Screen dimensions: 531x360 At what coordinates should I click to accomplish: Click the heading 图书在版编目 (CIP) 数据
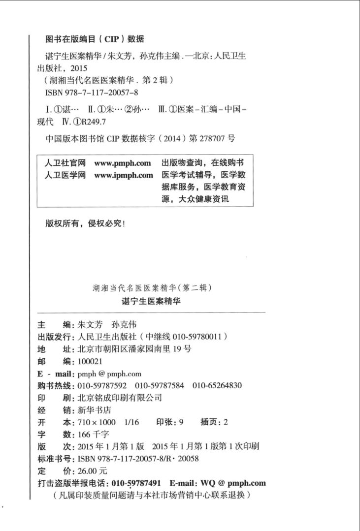coord(95,39)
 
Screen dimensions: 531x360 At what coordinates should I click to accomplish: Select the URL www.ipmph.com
coord(124,175)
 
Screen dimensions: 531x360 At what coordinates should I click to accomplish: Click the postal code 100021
coord(89,362)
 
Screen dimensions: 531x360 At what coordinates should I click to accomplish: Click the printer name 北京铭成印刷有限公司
coord(120,398)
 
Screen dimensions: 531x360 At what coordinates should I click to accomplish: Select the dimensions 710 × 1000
coord(97,422)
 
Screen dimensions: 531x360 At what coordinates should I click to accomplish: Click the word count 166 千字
coord(94,434)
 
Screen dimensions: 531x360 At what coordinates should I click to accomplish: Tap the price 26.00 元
coord(93,471)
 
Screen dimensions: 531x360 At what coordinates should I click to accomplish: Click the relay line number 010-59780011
coord(197,337)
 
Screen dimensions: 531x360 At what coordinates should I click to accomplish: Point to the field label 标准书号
coord(55,459)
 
